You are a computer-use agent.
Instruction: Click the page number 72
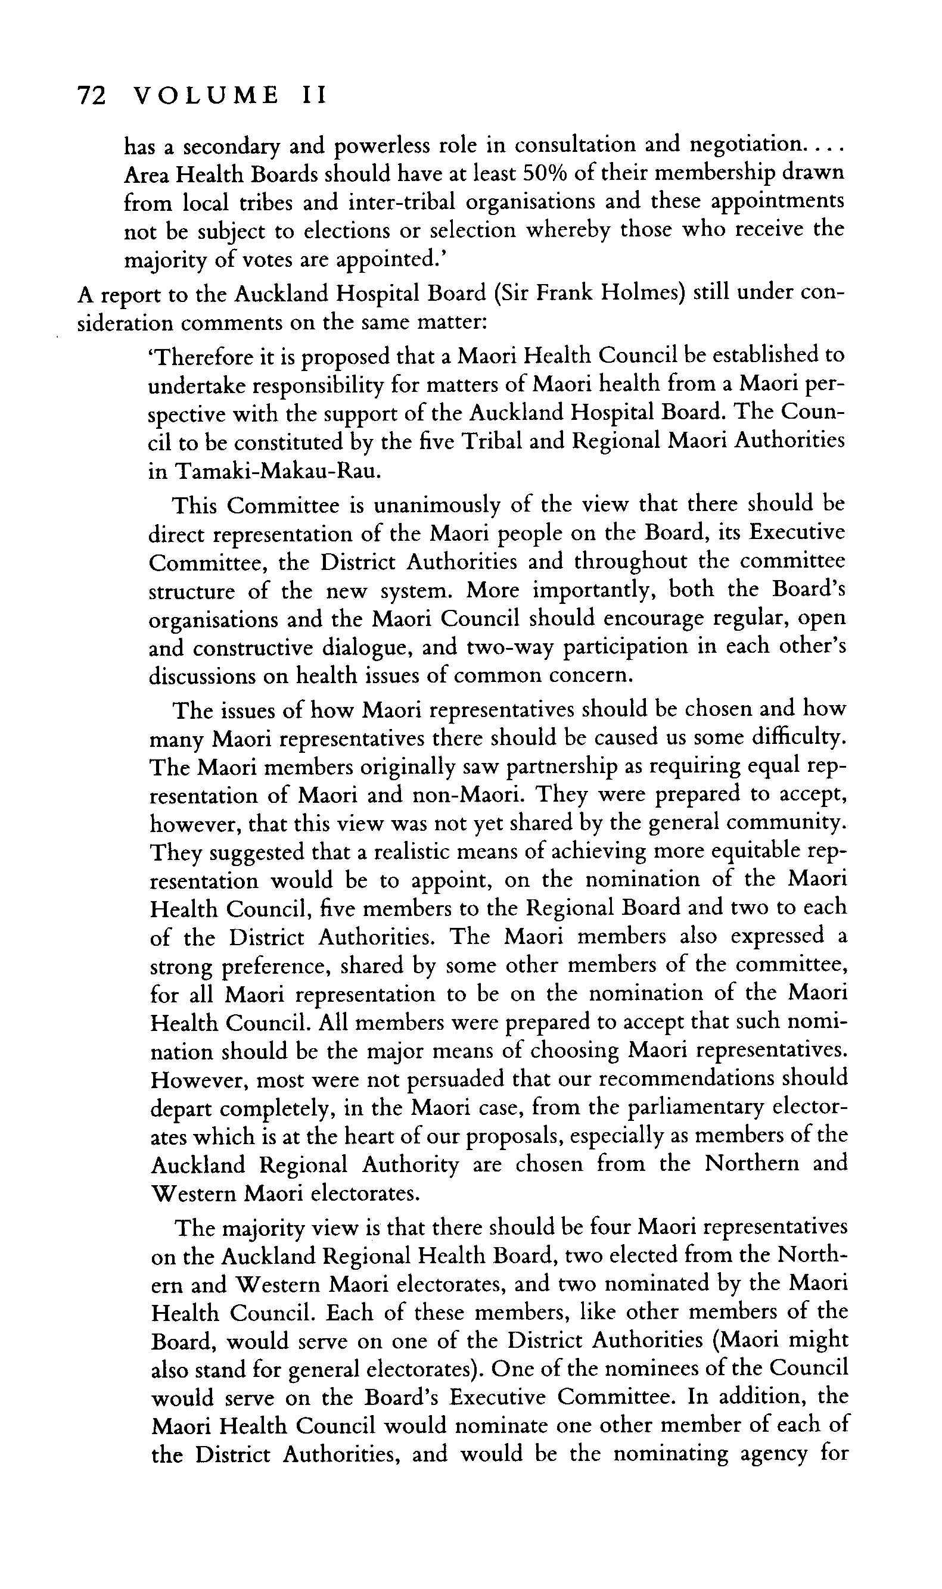(x=90, y=96)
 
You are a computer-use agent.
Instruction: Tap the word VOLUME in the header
(x=207, y=96)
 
